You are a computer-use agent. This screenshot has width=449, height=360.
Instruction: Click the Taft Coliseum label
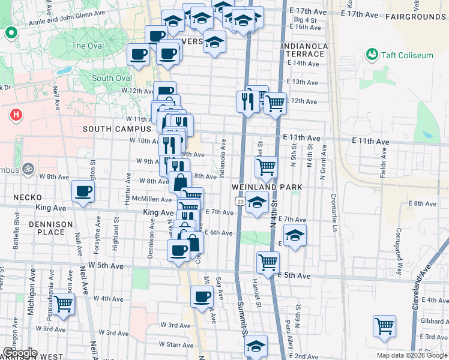pyautogui.click(x=407, y=55)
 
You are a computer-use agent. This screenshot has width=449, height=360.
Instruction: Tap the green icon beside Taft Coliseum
pyautogui.click(x=372, y=55)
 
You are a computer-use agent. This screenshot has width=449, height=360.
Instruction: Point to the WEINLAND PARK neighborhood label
pyautogui.click(x=267, y=188)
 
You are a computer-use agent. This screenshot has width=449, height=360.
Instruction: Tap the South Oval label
pyautogui.click(x=112, y=79)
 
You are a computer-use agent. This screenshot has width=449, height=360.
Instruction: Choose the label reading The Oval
pyautogui.click(x=88, y=46)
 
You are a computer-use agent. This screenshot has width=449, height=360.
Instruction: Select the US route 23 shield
pyautogui.click(x=240, y=202)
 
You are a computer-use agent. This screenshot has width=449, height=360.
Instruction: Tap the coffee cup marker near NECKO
pyautogui.click(x=83, y=191)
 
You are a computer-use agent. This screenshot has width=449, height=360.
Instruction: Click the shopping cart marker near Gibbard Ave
pyautogui.click(x=384, y=326)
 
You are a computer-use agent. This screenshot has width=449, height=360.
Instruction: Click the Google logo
pyautogui.click(x=19, y=353)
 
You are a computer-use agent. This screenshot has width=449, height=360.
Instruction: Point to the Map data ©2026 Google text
pyautogui.click(x=412, y=355)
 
